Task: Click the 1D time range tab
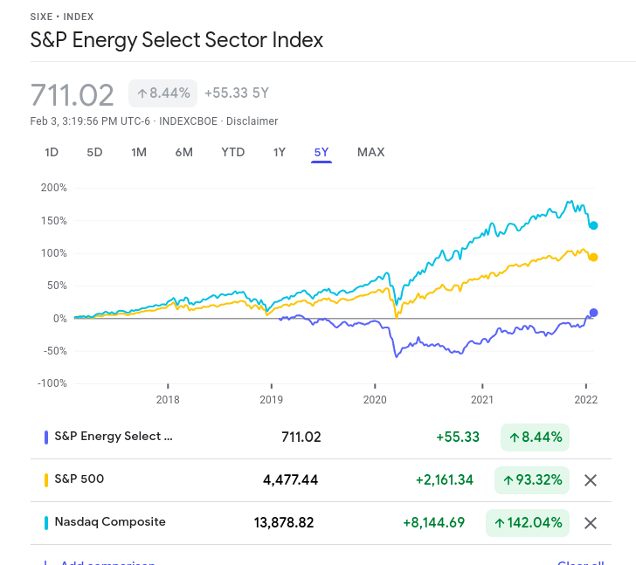52,152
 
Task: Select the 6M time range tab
183,152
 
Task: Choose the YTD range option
233,152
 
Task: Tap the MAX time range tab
370,152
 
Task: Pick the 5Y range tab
321,152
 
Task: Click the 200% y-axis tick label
53,188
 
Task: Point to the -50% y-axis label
53,351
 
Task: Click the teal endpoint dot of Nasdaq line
593,225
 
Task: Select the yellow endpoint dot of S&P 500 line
593,257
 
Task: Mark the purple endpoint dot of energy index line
593,313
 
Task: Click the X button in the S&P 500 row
591,479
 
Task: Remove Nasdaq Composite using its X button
591,522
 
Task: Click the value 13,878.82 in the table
284,522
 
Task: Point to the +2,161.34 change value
445,479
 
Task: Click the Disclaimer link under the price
252,121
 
